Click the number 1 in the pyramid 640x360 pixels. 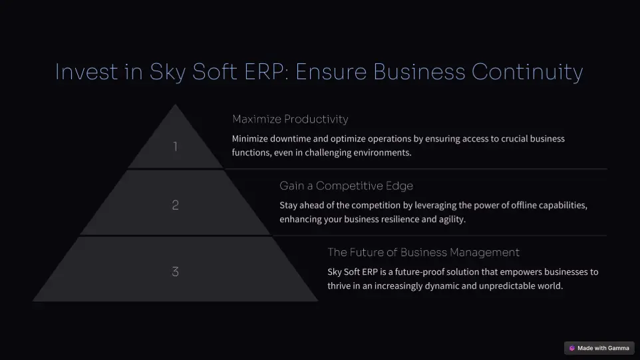pos(176,146)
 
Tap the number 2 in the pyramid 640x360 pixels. pos(176,205)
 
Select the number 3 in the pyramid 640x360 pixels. pos(176,272)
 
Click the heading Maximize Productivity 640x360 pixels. pos(290,119)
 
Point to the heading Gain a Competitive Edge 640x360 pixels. pos(346,186)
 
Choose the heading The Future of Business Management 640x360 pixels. pos(423,252)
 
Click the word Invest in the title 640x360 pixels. pos(86,72)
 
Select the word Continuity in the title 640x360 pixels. pos(528,73)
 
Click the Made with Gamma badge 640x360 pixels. pos(599,348)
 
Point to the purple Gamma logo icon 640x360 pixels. pos(572,348)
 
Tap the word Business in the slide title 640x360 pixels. pos(419,72)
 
